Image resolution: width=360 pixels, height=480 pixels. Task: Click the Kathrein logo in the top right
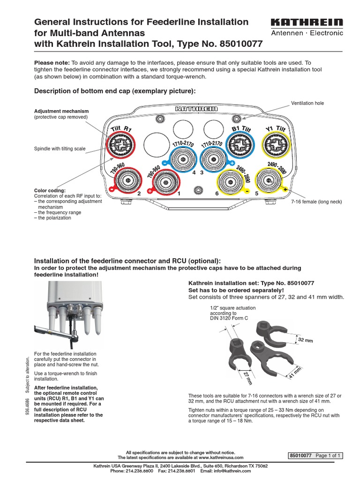(x=307, y=22)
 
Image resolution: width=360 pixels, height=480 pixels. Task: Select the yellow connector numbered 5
(x=269, y=179)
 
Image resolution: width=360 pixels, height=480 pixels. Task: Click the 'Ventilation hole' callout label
(x=307, y=103)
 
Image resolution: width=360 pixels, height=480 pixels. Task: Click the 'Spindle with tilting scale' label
(x=60, y=149)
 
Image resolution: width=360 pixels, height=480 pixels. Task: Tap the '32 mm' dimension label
(x=305, y=340)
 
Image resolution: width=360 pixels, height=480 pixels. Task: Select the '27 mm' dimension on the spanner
(x=247, y=377)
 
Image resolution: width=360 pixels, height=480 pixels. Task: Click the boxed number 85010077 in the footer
(x=301, y=455)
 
